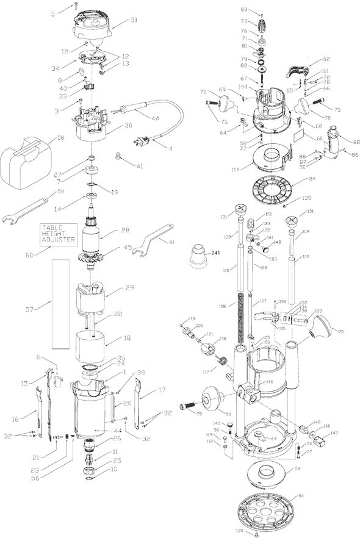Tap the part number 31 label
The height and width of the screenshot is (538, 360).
tap(134, 20)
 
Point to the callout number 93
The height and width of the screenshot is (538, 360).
tap(243, 9)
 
